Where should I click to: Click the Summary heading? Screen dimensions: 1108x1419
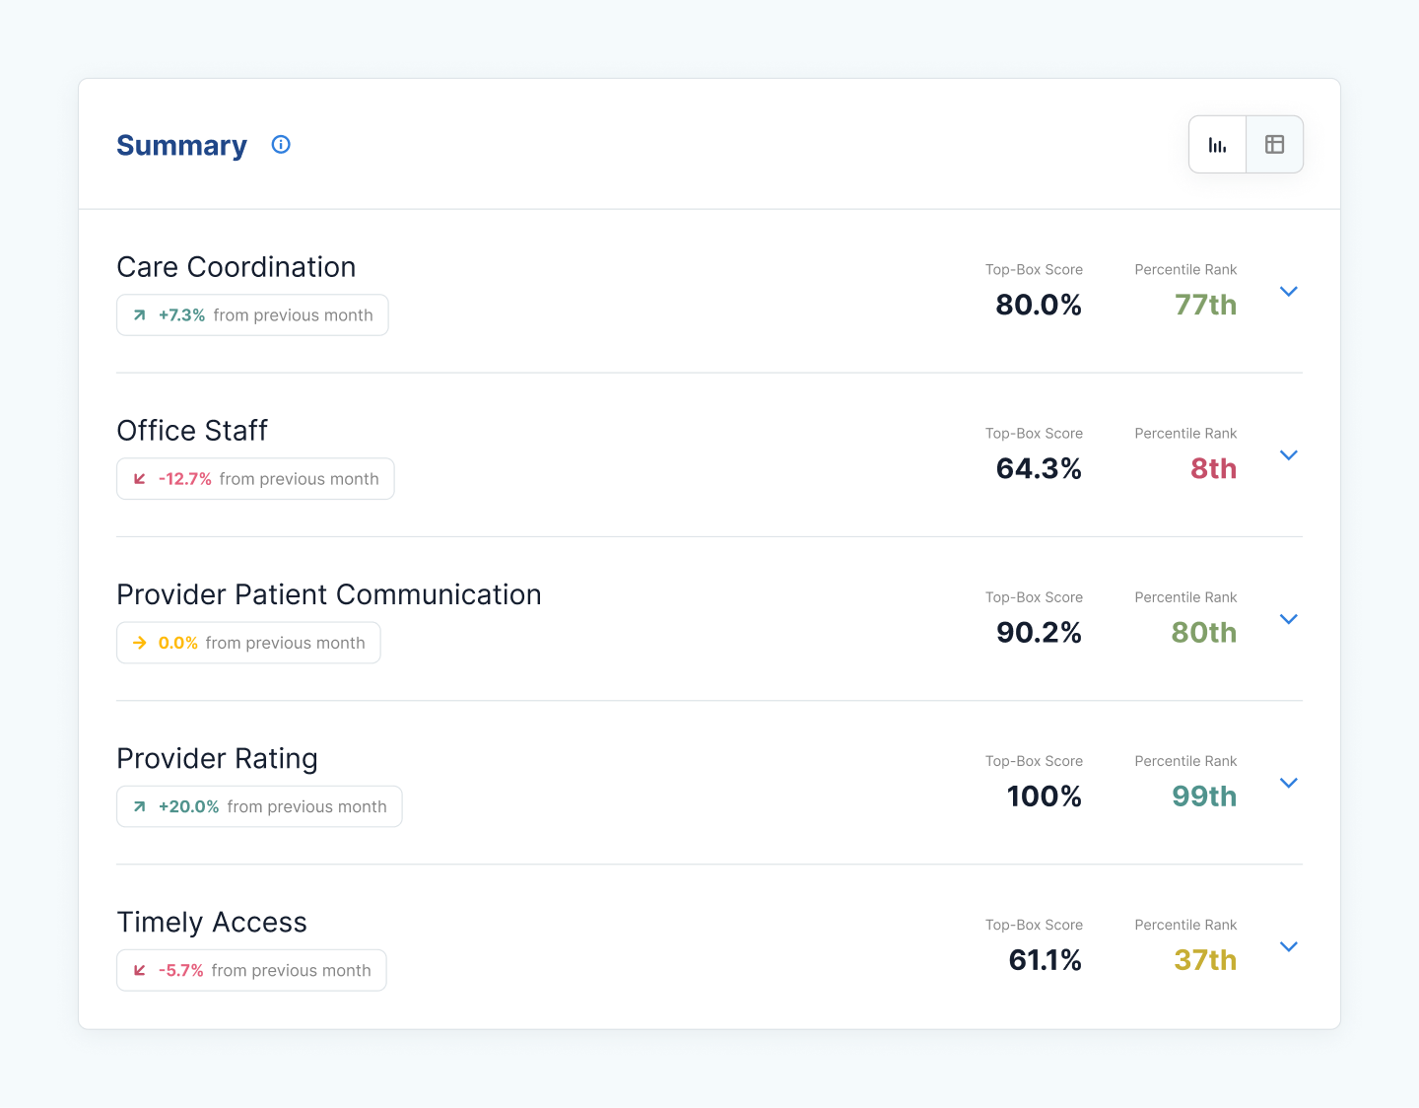(x=181, y=145)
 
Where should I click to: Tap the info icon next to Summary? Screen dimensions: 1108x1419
(x=281, y=145)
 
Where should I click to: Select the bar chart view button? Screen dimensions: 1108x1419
(x=1218, y=145)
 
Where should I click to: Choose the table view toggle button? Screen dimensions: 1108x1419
(x=1274, y=145)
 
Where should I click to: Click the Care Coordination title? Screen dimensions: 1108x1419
(x=236, y=267)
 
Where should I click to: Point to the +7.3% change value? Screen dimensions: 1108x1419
(x=181, y=315)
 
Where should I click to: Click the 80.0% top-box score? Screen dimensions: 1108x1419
(x=1039, y=305)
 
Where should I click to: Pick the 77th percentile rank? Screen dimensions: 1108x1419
(x=1205, y=305)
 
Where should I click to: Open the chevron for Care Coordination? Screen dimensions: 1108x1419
(x=1288, y=292)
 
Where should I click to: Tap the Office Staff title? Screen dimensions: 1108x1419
(x=192, y=431)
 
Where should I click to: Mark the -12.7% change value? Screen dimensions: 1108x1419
(x=185, y=479)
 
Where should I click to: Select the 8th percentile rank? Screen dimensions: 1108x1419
(x=1213, y=468)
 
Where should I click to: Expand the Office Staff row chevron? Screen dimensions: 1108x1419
(x=1288, y=455)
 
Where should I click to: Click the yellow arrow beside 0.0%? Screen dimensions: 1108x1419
(x=140, y=643)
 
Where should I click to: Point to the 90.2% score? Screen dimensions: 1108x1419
(x=1039, y=632)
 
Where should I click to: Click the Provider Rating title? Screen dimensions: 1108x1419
(x=217, y=758)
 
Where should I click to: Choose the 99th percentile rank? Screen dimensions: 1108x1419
(x=1204, y=796)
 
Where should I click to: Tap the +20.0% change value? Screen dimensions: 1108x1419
(x=188, y=806)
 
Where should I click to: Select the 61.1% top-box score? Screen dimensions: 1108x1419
(x=1045, y=959)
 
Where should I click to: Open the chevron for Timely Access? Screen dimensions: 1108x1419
(x=1288, y=946)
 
